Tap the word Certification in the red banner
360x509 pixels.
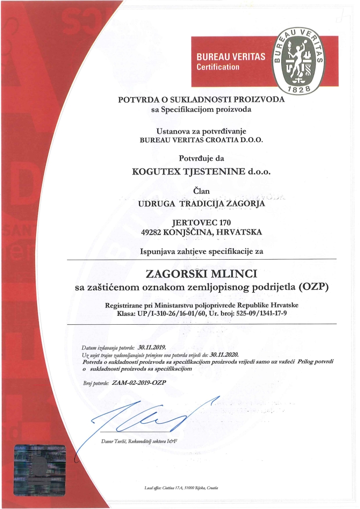pyautogui.click(x=218, y=67)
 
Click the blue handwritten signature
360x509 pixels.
pyautogui.click(x=148, y=416)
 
